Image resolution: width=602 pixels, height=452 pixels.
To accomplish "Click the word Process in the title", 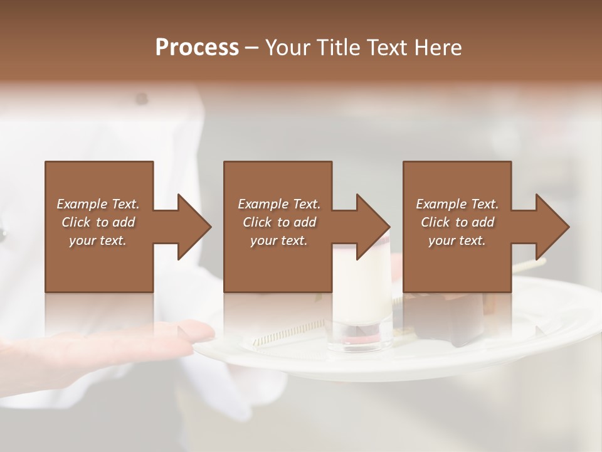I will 197,48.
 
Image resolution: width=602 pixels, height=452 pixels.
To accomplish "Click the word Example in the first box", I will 82,204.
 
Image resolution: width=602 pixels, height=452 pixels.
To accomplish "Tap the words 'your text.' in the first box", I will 98,240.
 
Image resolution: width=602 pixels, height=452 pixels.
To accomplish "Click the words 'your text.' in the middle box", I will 279,240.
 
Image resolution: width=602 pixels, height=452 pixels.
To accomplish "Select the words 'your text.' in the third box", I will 457,240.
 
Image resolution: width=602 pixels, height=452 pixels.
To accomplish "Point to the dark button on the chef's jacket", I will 142,99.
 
